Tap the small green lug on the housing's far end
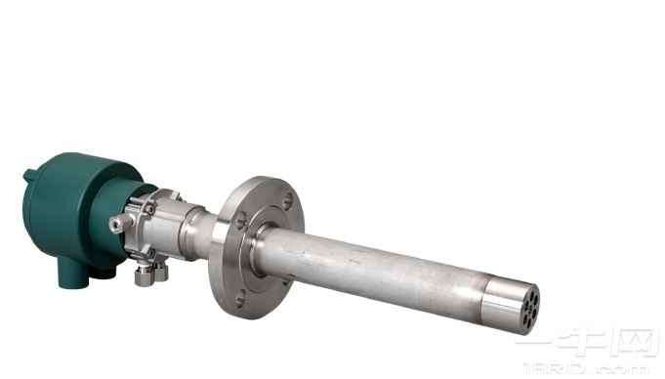tap(29, 177)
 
